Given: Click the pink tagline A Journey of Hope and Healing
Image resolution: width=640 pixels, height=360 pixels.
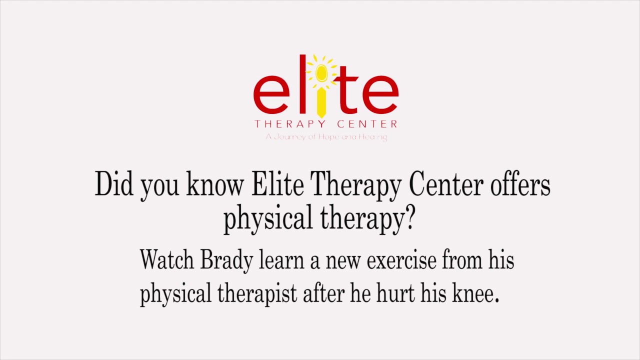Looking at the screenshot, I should coord(326,136).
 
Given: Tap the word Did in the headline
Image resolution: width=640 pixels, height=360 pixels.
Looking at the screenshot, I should coord(114,184).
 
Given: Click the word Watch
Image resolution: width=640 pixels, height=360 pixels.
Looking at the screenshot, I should coord(167,260).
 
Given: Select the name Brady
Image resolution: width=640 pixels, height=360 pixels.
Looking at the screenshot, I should coord(226,261).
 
